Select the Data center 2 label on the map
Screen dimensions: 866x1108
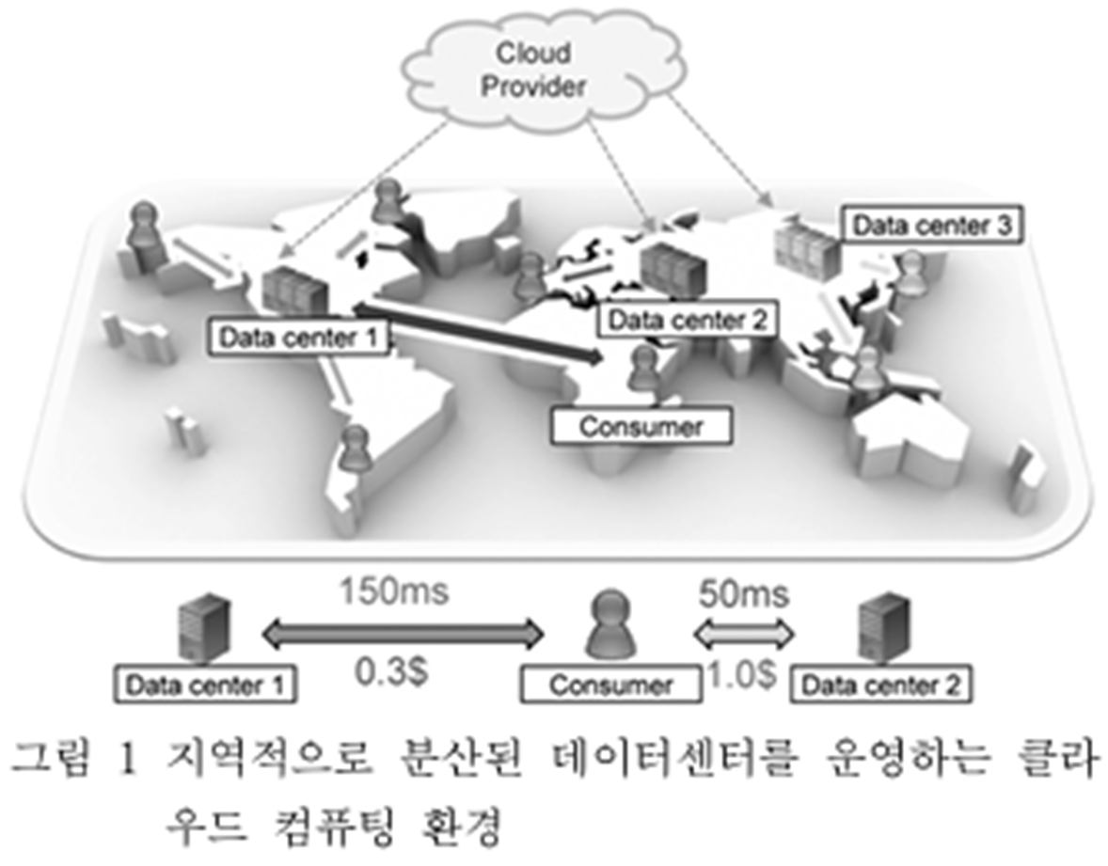click(x=686, y=320)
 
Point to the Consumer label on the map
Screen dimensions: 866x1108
click(x=641, y=427)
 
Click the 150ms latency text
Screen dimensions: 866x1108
click(x=394, y=593)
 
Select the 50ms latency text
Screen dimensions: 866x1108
click(x=742, y=594)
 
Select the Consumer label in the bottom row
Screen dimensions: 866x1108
click(x=611, y=685)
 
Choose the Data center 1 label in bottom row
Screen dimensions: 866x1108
click(x=204, y=685)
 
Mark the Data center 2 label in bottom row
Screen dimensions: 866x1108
click(x=880, y=685)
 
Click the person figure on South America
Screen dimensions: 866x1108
click(x=356, y=447)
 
